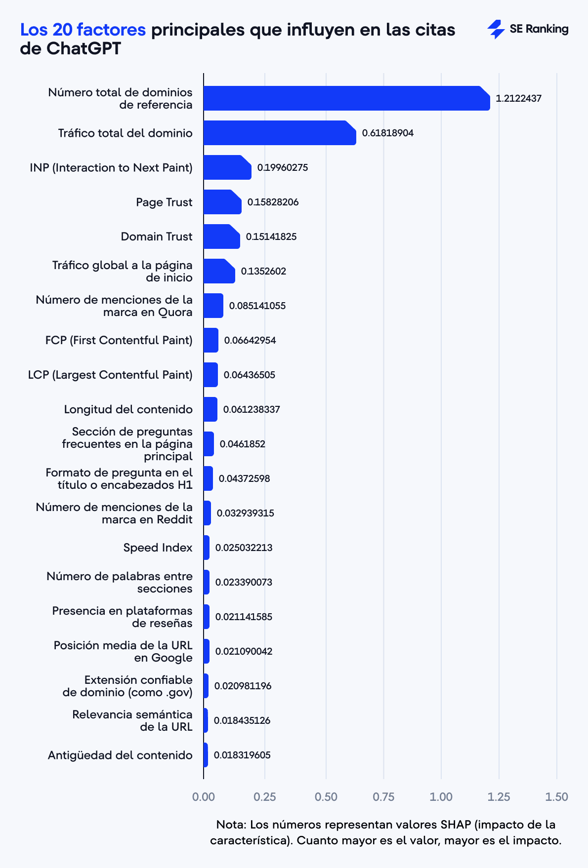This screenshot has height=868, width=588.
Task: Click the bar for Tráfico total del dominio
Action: click(279, 133)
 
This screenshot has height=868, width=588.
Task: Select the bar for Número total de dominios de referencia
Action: click(346, 98)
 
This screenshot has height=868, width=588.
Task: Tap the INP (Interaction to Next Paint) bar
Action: click(227, 167)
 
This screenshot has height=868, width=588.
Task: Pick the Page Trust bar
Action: click(222, 202)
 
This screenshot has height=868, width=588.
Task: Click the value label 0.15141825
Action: click(271, 237)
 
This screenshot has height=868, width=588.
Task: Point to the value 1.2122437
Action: click(518, 98)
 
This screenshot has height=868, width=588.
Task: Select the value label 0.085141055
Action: click(257, 306)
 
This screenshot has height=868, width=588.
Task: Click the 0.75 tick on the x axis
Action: click(383, 796)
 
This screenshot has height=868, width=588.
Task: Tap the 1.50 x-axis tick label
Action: click(557, 796)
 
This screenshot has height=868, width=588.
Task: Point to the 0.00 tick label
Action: click(204, 796)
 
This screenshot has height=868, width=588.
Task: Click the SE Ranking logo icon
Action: click(496, 29)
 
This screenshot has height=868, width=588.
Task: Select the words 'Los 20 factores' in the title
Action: click(83, 30)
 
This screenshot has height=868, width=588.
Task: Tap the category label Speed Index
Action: click(158, 548)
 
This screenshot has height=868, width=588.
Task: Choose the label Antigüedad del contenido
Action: click(120, 755)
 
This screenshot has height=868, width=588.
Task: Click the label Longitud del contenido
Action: click(128, 409)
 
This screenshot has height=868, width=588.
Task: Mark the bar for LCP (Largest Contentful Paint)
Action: click(210, 375)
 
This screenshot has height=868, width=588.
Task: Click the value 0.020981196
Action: click(243, 686)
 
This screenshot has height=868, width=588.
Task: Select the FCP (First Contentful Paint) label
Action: click(119, 340)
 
